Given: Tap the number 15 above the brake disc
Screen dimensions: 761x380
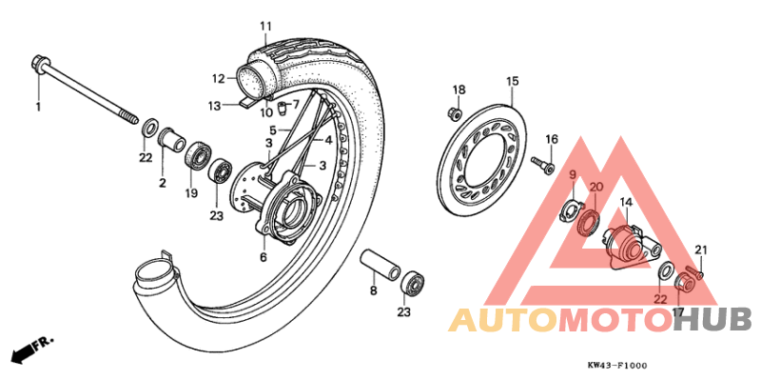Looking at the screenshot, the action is (x=511, y=81).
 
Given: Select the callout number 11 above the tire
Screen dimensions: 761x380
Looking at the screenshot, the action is (x=265, y=26).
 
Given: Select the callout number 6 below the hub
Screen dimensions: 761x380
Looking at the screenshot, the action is (x=263, y=257).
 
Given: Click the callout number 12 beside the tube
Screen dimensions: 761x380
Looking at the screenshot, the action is (x=218, y=78).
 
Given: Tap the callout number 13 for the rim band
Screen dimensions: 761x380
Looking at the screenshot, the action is (x=215, y=105).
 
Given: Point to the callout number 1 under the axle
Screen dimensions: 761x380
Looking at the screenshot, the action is (x=39, y=106).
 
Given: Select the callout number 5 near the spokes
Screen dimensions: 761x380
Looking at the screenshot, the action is (x=272, y=130).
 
